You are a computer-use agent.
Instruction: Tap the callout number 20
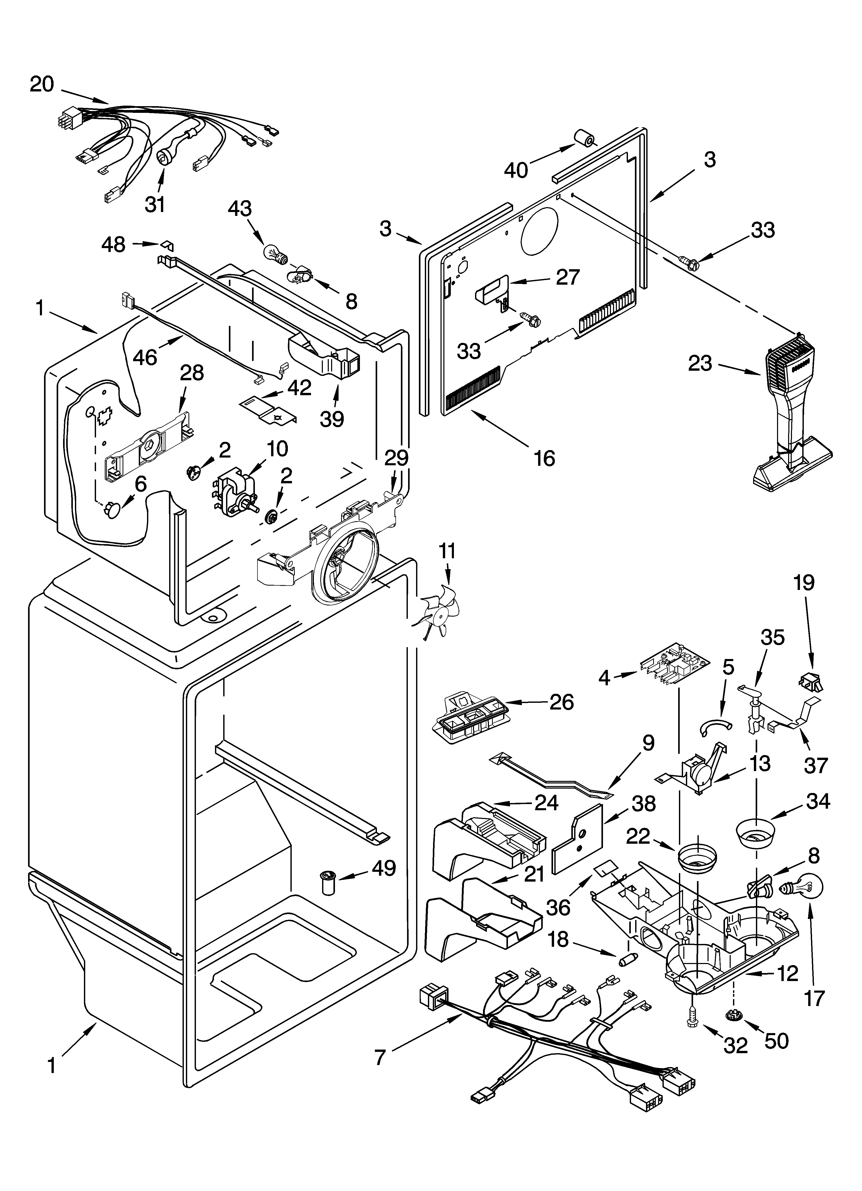tap(42, 84)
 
